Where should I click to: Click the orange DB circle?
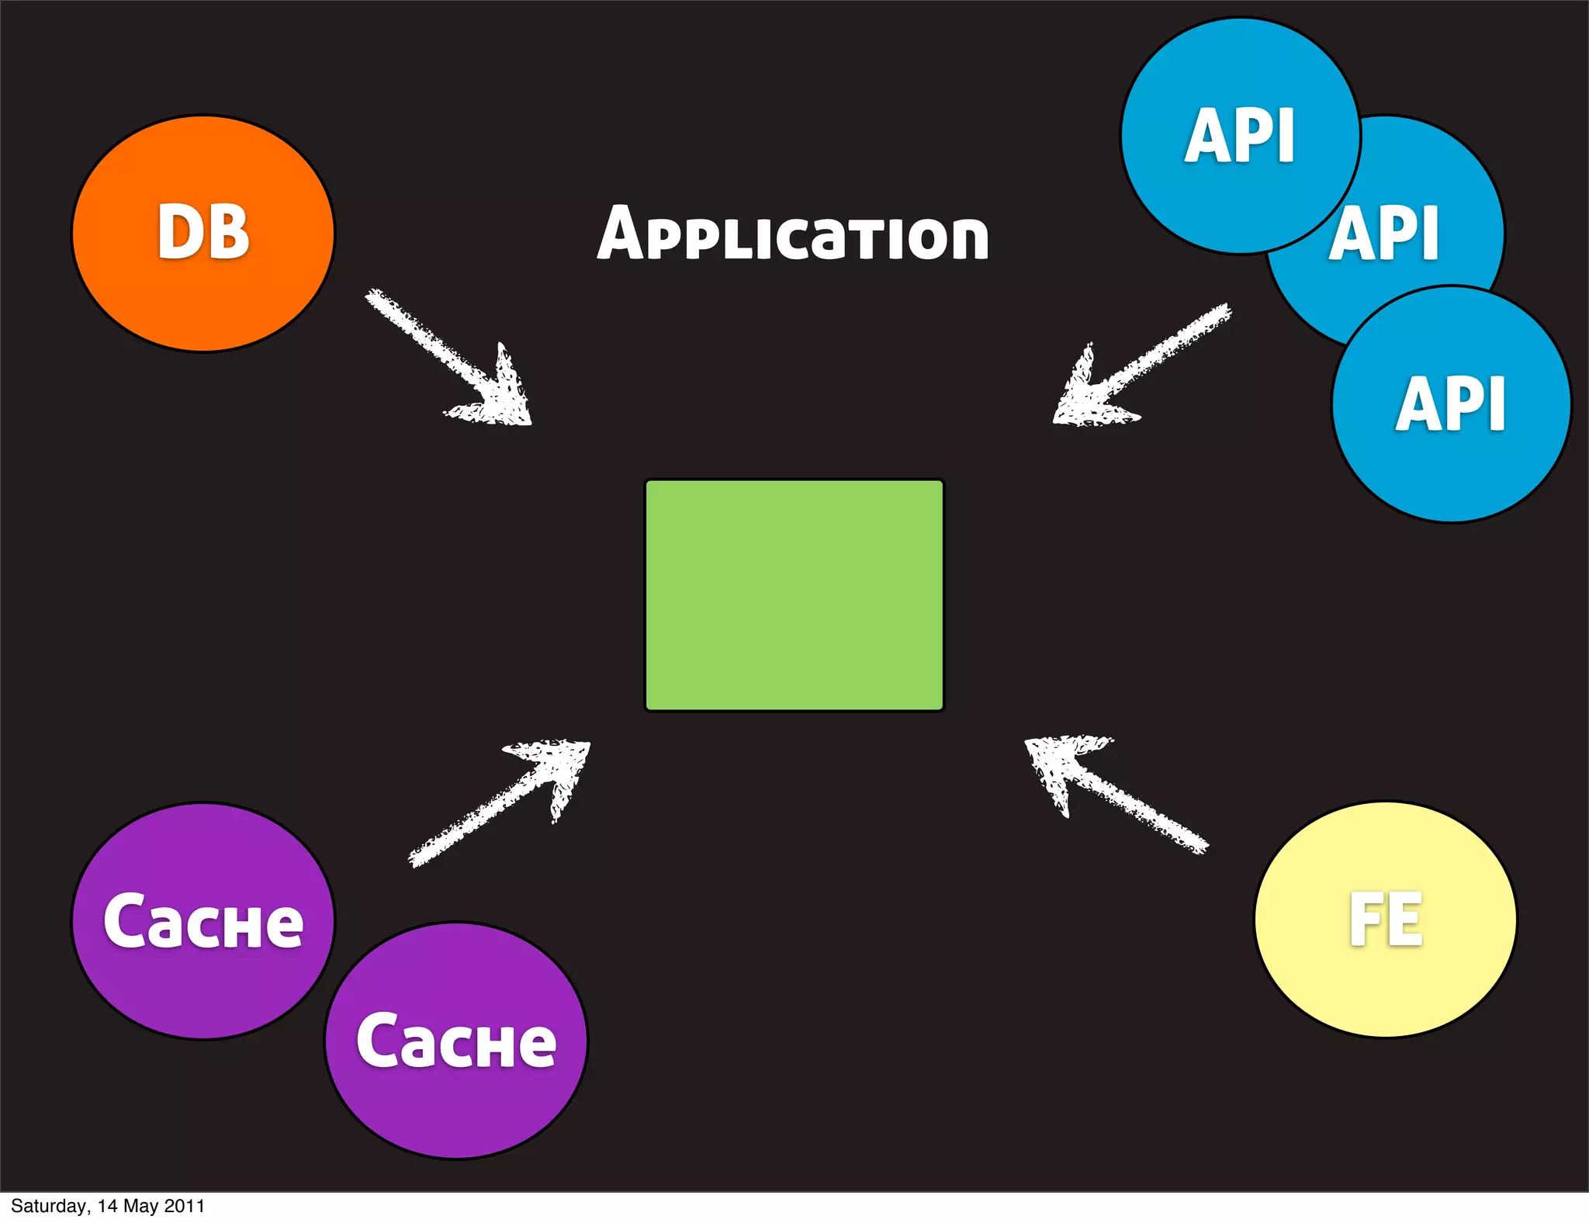click(203, 295)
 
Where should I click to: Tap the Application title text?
click(793, 234)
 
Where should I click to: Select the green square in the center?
click(794, 595)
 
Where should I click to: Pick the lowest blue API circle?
click(1451, 466)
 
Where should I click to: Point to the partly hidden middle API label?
click(1386, 233)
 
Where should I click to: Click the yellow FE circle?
click(1386, 978)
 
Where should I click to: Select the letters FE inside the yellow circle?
click(1386, 920)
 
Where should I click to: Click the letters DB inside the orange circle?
click(203, 232)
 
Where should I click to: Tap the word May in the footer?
click(140, 1207)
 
